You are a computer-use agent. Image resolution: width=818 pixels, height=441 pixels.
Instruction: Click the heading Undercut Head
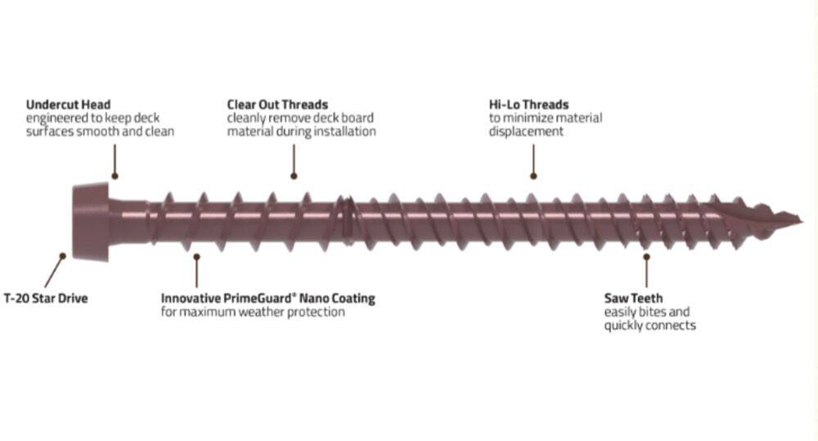[68, 105]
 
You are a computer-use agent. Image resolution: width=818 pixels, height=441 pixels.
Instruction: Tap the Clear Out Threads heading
[277, 105]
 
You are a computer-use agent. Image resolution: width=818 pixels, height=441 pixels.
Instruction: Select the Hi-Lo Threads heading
[528, 105]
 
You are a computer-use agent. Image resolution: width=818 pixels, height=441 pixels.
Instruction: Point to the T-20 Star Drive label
[45, 299]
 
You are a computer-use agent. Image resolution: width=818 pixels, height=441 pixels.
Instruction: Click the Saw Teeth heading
[633, 298]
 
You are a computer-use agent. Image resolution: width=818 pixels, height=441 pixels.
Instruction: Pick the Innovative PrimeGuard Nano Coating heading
[267, 299]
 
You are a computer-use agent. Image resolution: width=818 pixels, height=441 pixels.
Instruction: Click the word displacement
[526, 131]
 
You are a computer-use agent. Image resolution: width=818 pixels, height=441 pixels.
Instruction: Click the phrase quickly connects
[650, 326]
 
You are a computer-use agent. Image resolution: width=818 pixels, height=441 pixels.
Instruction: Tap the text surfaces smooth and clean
[100, 131]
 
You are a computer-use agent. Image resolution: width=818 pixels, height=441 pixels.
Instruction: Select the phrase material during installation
[301, 131]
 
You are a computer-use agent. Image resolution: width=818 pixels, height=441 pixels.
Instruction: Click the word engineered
[57, 118]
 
